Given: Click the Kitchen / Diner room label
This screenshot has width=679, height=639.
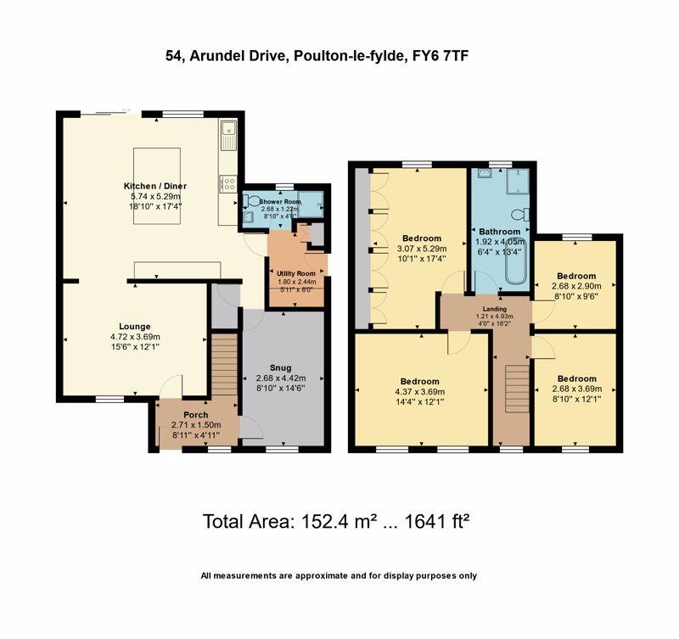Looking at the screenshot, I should (x=153, y=186).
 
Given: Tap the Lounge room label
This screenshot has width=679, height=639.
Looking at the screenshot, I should (x=134, y=326).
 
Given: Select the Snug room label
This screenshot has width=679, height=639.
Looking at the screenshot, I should (x=281, y=367).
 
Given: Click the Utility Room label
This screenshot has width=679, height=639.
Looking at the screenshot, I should (x=295, y=273).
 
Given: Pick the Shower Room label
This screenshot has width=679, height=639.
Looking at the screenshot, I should (x=280, y=201).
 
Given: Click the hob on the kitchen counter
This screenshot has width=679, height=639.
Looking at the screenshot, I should (x=227, y=182).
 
